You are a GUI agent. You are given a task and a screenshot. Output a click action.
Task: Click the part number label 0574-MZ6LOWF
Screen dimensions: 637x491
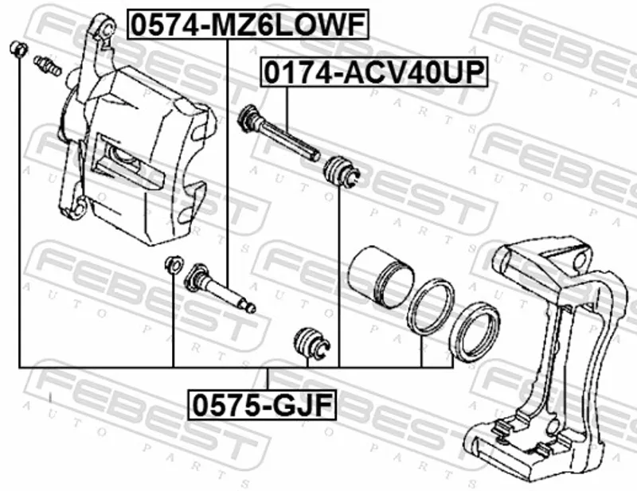coord(248,25)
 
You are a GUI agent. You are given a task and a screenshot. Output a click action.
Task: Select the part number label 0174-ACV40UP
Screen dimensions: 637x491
coord(373,72)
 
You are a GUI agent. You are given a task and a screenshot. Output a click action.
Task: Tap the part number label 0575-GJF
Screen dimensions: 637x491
coord(262,405)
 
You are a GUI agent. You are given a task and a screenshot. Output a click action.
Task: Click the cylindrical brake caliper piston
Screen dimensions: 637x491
coord(382,276)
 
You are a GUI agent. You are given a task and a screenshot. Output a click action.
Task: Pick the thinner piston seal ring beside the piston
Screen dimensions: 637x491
coord(431,306)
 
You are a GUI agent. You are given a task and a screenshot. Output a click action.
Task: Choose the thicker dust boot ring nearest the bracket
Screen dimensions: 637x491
coord(475,331)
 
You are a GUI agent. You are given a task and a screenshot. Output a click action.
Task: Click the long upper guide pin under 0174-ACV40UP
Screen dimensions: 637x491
coord(278,133)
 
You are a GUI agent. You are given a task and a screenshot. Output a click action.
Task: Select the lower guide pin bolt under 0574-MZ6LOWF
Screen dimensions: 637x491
coord(220,288)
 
